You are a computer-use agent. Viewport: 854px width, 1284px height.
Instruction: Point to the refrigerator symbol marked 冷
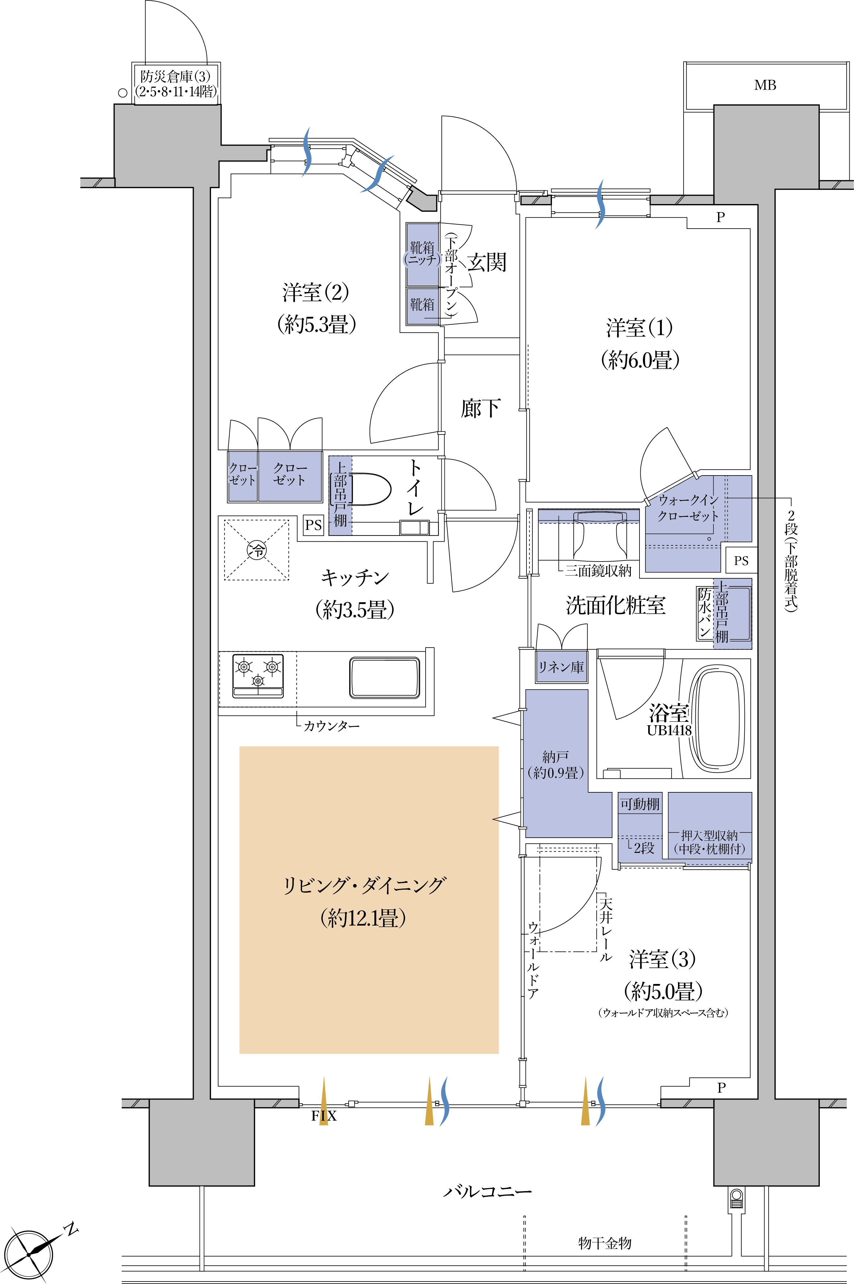click(x=257, y=550)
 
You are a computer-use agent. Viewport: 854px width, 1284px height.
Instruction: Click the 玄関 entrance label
click(x=487, y=262)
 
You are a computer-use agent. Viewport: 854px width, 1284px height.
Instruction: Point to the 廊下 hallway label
click(x=480, y=408)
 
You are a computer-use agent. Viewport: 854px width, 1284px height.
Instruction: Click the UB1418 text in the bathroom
click(x=669, y=730)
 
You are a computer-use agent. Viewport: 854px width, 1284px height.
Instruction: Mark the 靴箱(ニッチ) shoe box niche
click(x=422, y=254)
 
